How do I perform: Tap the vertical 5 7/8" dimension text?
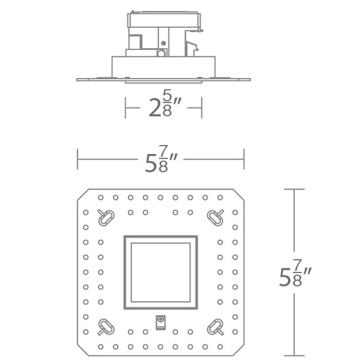(x=295, y=276)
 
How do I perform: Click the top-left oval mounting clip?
(x=106, y=217)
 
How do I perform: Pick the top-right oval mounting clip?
(x=215, y=217)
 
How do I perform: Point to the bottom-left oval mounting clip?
(x=106, y=326)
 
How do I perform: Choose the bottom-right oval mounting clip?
(x=215, y=326)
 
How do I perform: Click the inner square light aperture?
(x=160, y=272)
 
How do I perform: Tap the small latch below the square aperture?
(x=160, y=323)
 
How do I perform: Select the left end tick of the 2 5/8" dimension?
(x=125, y=108)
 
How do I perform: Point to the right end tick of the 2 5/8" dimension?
(x=201, y=108)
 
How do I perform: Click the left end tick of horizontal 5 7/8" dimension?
(x=78, y=160)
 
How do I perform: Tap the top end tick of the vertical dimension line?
(x=295, y=189)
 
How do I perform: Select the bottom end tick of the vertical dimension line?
(x=295, y=355)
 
